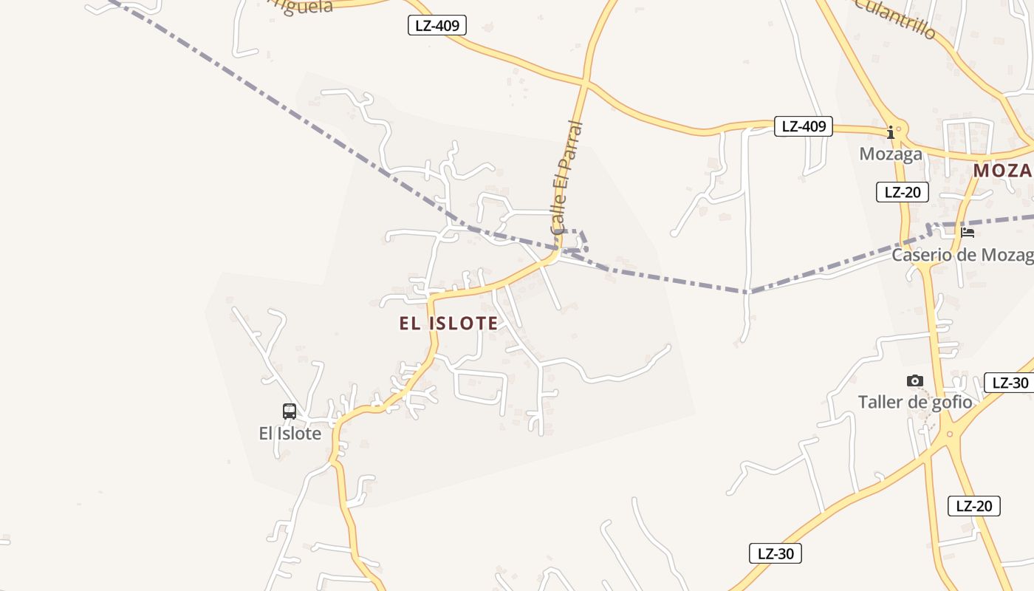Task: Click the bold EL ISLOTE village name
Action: (x=448, y=323)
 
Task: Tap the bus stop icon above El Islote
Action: (x=290, y=411)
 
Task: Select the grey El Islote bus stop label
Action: (x=290, y=434)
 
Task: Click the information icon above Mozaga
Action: (x=891, y=133)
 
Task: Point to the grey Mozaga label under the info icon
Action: (x=891, y=154)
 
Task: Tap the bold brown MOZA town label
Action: (x=1002, y=171)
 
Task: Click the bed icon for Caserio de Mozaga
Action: (x=968, y=233)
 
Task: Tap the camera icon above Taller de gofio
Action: (x=915, y=381)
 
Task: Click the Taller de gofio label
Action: (x=915, y=403)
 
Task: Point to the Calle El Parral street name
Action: (x=566, y=178)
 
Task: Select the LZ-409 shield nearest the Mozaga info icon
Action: (x=804, y=126)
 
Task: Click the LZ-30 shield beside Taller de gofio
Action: (x=1010, y=383)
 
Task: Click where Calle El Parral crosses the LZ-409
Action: (x=586, y=79)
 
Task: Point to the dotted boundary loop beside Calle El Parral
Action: (x=580, y=241)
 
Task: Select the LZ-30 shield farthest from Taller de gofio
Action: (x=775, y=553)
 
